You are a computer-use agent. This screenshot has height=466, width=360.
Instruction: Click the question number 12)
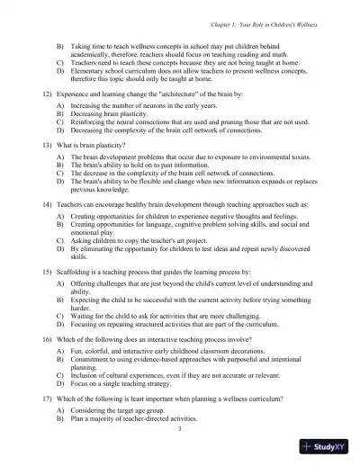[49, 93]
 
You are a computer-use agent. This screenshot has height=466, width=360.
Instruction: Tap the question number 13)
[49, 144]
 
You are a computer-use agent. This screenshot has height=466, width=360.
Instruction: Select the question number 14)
[49, 204]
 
